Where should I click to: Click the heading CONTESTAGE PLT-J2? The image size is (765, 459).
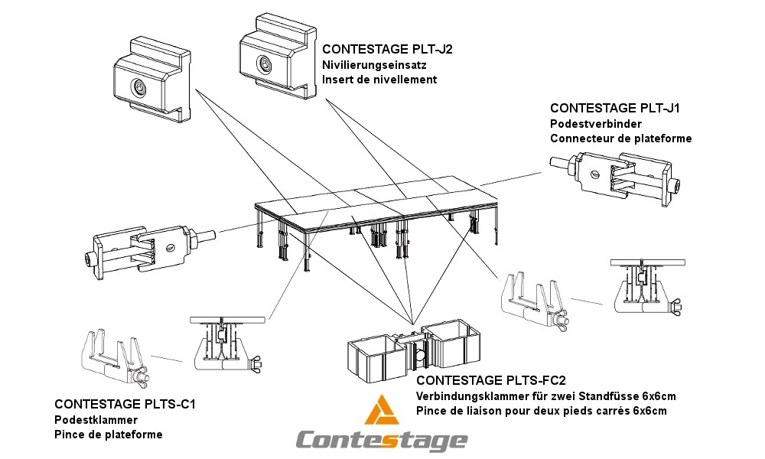[x=387, y=50]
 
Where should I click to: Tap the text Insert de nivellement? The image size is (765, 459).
[x=379, y=80]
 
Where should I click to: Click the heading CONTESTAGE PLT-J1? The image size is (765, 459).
[x=616, y=109]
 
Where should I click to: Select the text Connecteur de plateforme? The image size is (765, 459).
[x=620, y=138]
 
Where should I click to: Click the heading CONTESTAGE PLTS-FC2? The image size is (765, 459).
[x=490, y=380]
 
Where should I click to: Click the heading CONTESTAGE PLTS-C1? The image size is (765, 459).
[x=125, y=404]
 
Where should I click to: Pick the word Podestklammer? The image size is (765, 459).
[x=96, y=420]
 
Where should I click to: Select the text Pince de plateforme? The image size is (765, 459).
[x=108, y=435]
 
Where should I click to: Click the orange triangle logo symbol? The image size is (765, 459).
[x=382, y=411]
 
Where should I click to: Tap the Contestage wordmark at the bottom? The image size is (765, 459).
[x=381, y=440]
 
